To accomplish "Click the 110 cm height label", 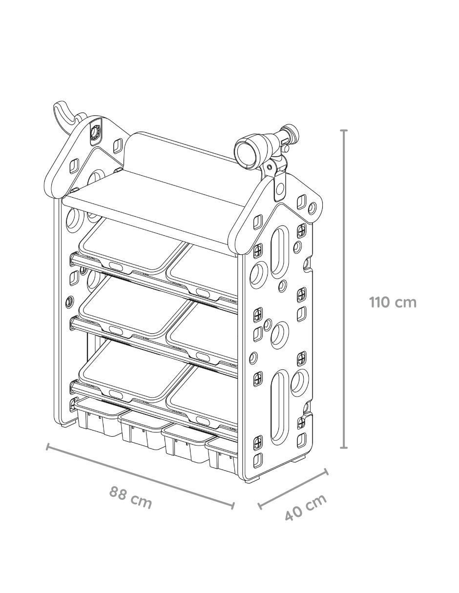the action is tap(393, 303).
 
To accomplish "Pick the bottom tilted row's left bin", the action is tap(134, 371).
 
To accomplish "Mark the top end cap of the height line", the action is tap(344, 131).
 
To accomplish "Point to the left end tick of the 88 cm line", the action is tap(48, 447).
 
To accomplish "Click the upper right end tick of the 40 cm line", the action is tap(326, 472).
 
